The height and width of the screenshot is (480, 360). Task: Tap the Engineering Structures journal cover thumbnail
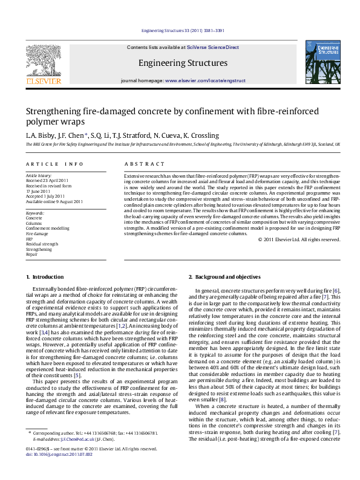pos(322,62)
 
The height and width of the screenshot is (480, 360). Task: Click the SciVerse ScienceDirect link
pos(213,47)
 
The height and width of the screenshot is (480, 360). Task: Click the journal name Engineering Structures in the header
pos(183,62)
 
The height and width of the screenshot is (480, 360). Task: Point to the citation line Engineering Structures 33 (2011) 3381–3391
pos(182,30)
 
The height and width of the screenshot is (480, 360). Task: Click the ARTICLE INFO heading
pos(54,164)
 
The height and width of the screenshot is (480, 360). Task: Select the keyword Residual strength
pos(42,244)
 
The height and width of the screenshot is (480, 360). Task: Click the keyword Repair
pos(31,255)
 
